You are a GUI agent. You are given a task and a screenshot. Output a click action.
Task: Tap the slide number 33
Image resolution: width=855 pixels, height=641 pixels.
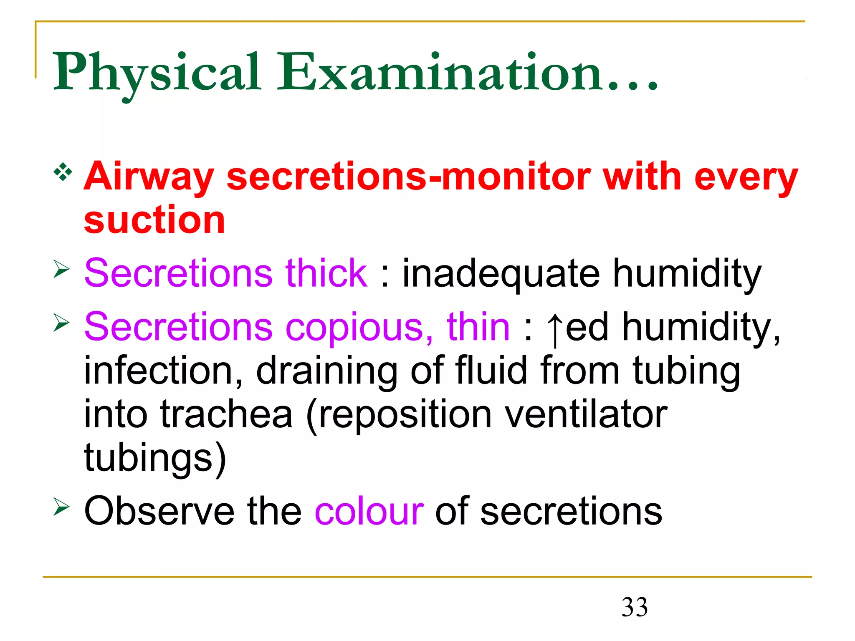pos(635,607)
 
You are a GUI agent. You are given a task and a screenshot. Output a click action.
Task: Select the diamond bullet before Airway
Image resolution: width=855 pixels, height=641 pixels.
pos(63,172)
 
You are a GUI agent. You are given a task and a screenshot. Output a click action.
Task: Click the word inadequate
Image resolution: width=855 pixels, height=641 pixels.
pos(501,275)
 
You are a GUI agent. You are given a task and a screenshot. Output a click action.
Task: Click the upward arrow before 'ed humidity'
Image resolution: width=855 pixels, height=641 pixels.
pos(554,330)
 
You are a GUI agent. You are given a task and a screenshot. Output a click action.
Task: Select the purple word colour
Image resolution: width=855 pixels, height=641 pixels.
pos(369,512)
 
